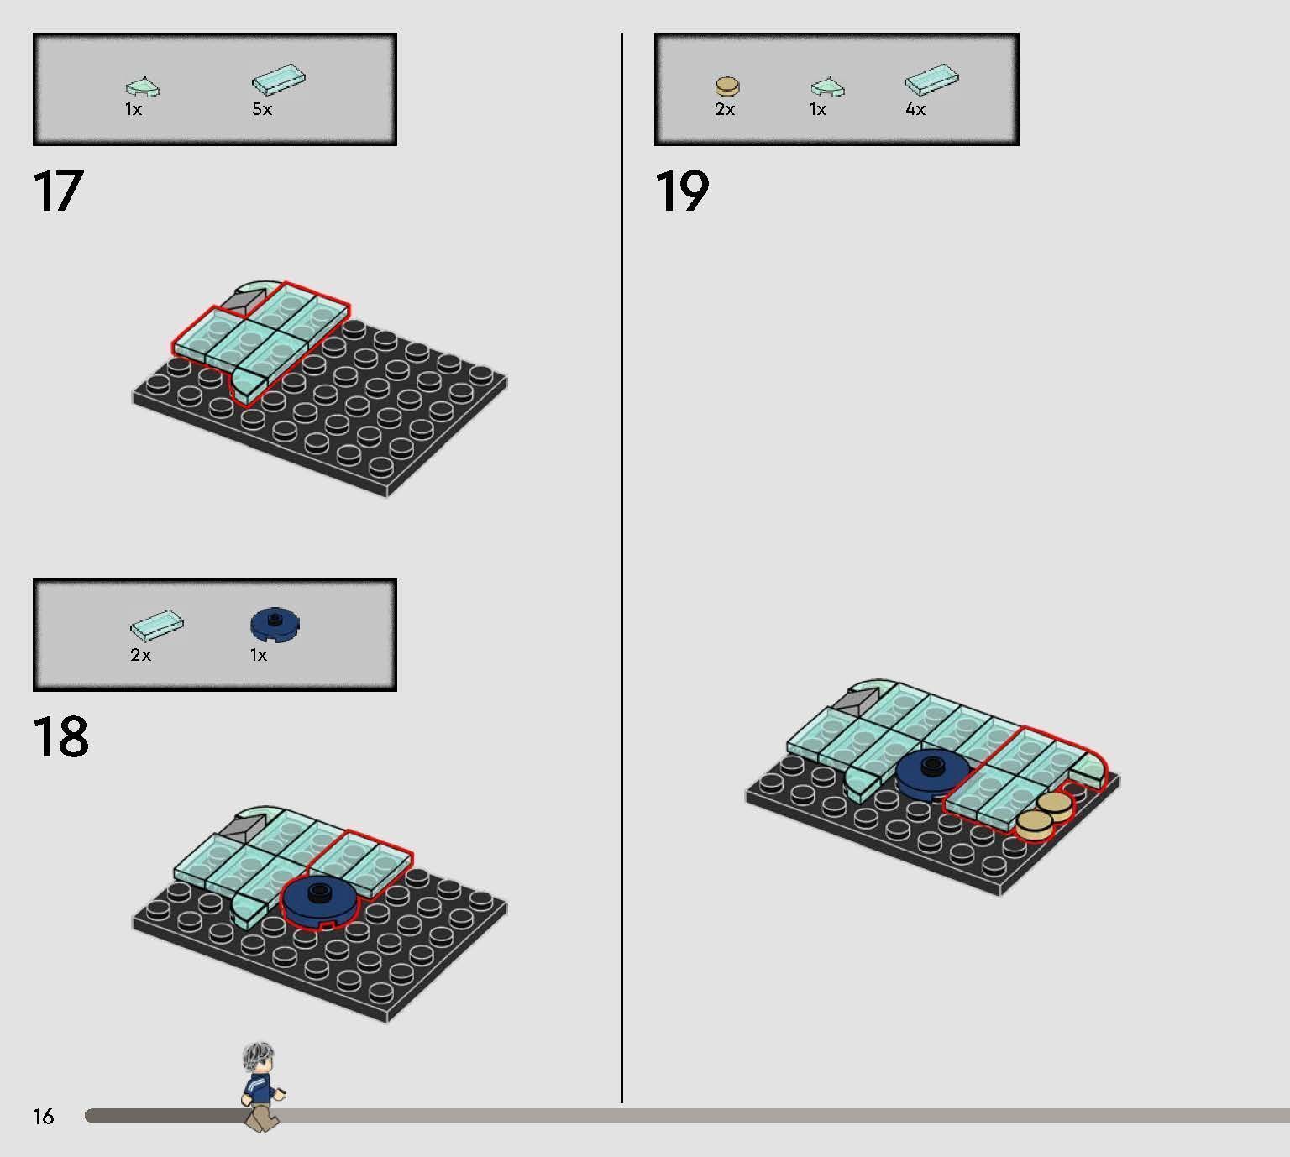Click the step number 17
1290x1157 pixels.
(x=58, y=191)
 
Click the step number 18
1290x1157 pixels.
(x=60, y=736)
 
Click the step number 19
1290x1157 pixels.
(x=681, y=191)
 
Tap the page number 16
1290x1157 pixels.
(x=44, y=1116)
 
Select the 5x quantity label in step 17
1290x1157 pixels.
(x=262, y=109)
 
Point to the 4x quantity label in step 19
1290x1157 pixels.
(x=915, y=109)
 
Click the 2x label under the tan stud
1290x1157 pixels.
(x=725, y=109)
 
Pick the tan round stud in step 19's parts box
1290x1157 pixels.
(x=727, y=86)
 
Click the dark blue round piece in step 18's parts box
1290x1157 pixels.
(x=275, y=624)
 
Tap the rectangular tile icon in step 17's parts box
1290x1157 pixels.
(x=279, y=80)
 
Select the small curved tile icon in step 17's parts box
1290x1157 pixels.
(x=143, y=88)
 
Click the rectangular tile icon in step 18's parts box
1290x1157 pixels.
(x=157, y=626)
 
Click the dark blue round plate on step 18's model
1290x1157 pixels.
(x=318, y=901)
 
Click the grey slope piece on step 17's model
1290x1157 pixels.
(x=244, y=301)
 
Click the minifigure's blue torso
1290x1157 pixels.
(x=260, y=1090)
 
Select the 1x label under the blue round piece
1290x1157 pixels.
(x=259, y=655)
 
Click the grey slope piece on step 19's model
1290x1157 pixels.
(x=857, y=702)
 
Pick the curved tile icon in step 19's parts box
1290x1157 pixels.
(x=828, y=88)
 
